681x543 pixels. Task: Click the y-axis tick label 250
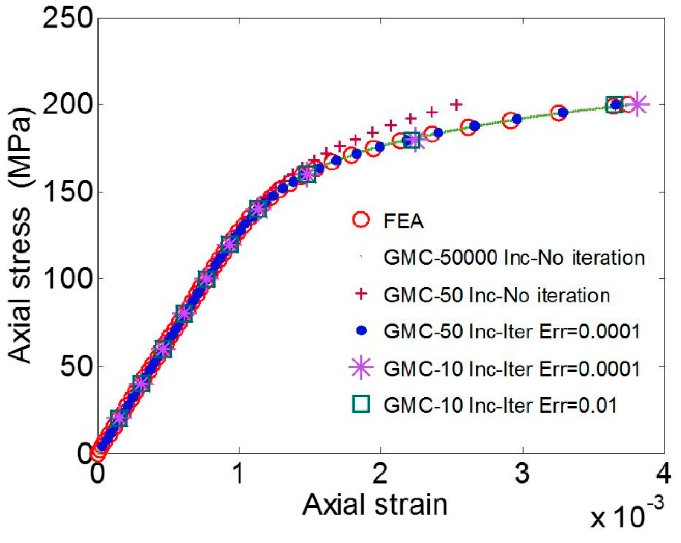coord(67,18)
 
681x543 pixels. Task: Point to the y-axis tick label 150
coord(67,193)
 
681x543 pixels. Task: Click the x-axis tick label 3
coord(522,474)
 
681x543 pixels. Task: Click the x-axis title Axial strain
coord(375,505)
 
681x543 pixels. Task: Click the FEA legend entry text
coord(404,221)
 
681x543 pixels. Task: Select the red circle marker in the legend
coord(361,220)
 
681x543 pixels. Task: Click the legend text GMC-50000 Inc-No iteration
coord(514,258)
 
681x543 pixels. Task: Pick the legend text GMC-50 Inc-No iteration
coord(497,295)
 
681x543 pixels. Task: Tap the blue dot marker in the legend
coord(361,331)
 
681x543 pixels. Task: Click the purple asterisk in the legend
coord(361,368)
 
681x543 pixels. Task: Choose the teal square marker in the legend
coord(361,404)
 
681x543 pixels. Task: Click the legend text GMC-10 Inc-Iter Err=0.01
coord(500,405)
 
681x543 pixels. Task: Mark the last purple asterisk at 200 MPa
coord(637,104)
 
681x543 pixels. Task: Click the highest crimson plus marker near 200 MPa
coord(457,104)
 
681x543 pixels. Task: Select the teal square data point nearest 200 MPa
coord(614,105)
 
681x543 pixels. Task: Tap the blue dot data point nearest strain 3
coord(517,119)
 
